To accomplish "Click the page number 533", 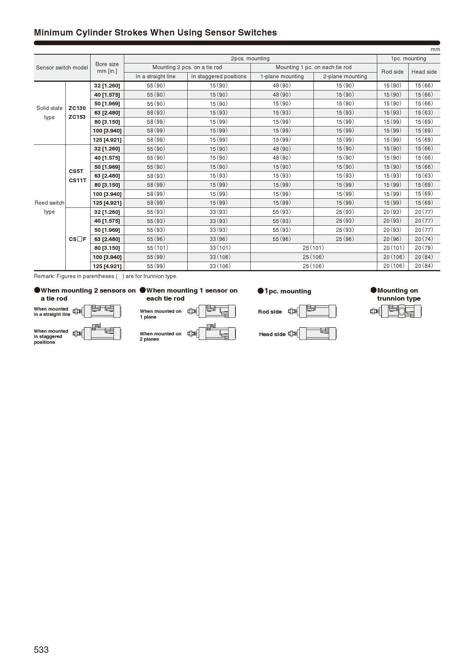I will click(x=41, y=650).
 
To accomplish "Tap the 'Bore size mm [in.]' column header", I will click(x=107, y=68).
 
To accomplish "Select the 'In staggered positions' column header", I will click(x=219, y=76).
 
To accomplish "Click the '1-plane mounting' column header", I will click(x=282, y=76).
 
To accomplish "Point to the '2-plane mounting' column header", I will click(x=345, y=76).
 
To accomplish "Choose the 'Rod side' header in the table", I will click(x=392, y=72).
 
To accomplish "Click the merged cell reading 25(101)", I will click(x=313, y=248).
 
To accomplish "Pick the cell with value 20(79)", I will click(x=424, y=248).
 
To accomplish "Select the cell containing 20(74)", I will click(x=424, y=239).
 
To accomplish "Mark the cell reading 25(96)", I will click(x=345, y=239).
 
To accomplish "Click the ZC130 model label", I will click(x=77, y=108).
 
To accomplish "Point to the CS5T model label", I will click(x=76, y=171).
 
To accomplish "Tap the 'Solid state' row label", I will click(x=49, y=108).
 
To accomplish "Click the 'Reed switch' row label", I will click(x=49, y=203).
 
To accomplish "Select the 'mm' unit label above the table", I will click(x=435, y=50).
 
